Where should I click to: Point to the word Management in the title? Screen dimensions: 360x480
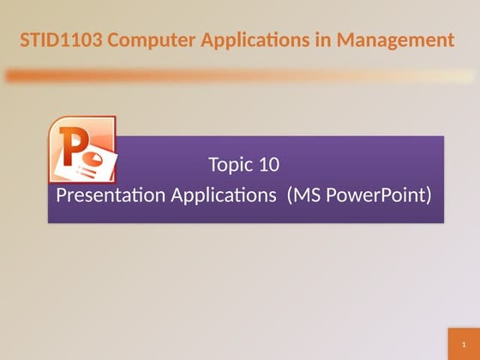click(397, 39)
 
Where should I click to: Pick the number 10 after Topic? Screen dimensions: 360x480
click(269, 164)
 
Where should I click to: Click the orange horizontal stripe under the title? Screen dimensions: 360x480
click(240, 76)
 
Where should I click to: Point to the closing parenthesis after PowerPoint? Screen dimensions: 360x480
click(428, 195)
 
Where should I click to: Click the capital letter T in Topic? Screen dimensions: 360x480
click(213, 164)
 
